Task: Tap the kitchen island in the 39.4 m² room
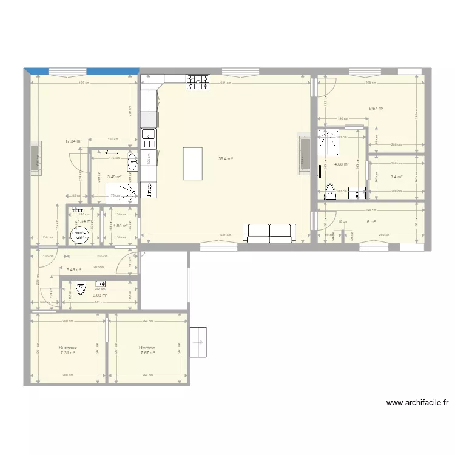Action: (193, 163)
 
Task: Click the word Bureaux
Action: (67, 348)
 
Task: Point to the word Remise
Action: (147, 348)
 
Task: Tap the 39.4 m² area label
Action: (226, 159)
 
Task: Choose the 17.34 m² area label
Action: (73, 141)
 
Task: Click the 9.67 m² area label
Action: (376, 109)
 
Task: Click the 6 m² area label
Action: (371, 221)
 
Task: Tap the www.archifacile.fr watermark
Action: (417, 402)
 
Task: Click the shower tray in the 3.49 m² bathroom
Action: (120, 193)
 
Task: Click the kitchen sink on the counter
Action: (149, 136)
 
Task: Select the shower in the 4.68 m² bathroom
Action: (331, 140)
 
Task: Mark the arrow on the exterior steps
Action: (198, 343)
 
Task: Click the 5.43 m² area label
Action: (74, 269)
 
